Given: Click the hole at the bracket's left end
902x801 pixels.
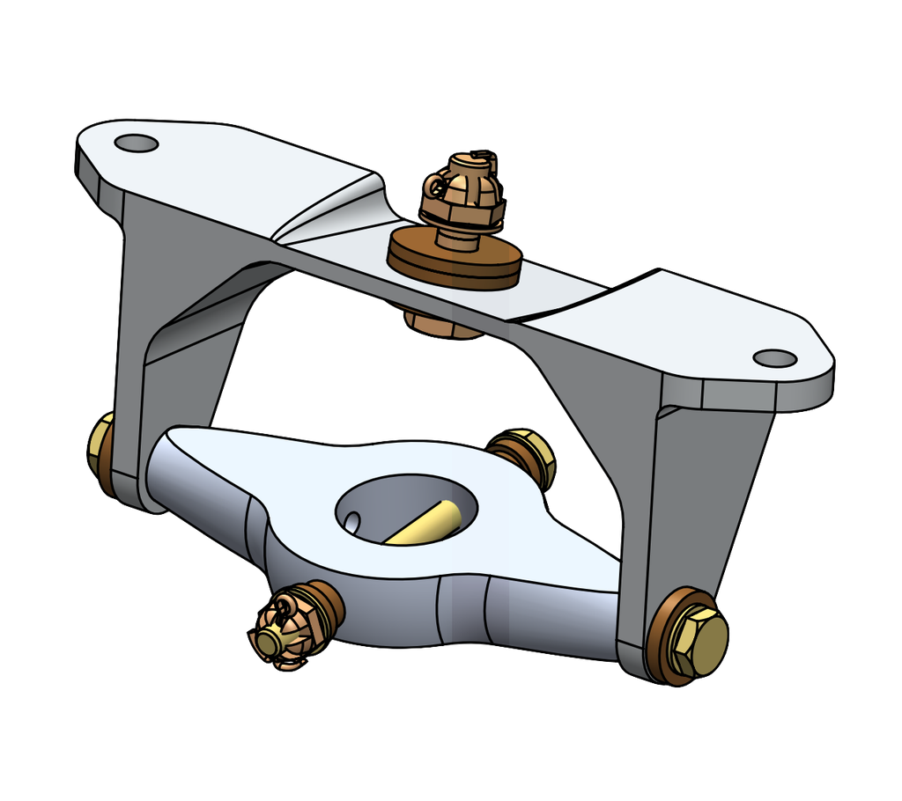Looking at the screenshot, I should coord(135,143).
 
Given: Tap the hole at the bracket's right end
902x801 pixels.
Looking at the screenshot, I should coord(775,358).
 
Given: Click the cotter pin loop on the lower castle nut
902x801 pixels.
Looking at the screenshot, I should coord(284,606).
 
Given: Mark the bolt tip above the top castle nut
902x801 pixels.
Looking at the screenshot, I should coord(481,157).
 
